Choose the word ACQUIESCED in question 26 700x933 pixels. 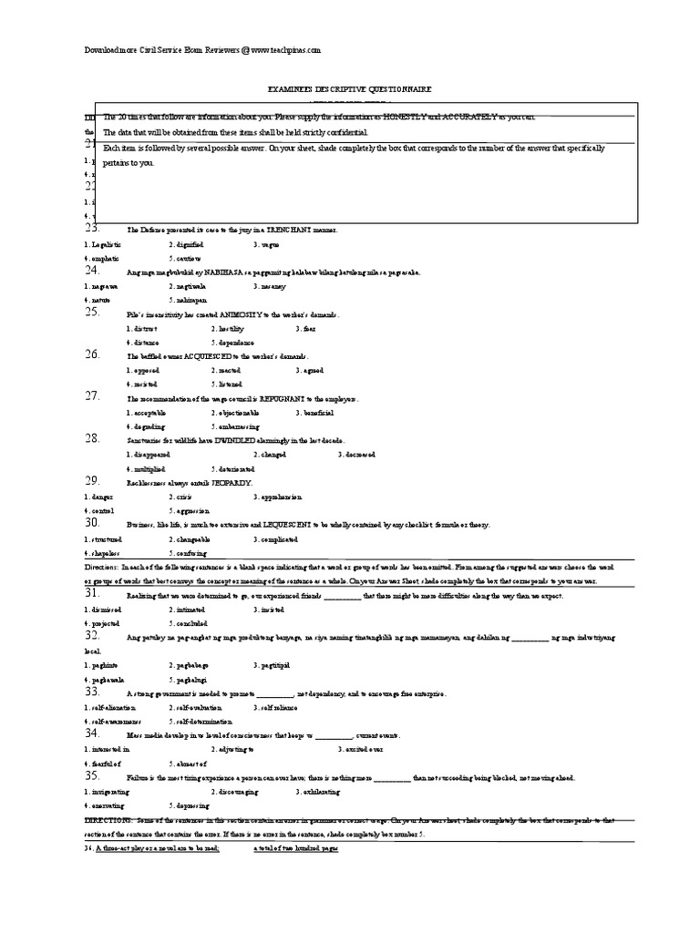tap(210, 356)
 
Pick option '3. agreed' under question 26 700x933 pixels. tap(311, 371)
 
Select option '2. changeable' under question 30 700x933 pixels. tap(190, 538)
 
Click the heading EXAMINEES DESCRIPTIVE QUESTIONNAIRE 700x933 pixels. tap(349, 89)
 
